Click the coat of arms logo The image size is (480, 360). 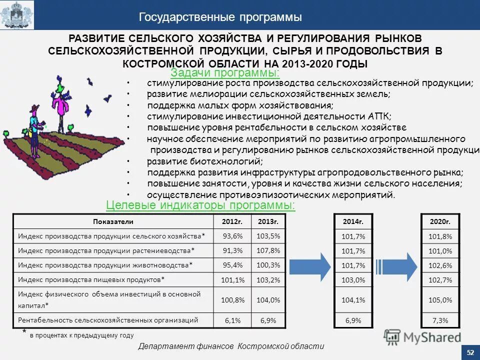coord(17,15)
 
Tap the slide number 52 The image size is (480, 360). coord(470,352)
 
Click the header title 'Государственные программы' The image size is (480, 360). coord(220,17)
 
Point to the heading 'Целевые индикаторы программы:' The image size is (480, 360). coord(200,205)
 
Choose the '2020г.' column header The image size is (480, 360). coord(440,221)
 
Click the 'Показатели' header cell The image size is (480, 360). coord(113,221)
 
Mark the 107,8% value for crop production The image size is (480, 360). coord(268,250)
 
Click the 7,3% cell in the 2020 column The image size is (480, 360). coord(440,320)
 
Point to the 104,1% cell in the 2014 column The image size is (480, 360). coord(353,300)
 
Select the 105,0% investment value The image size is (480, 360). coord(440,300)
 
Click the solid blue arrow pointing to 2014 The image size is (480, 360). coord(310,265)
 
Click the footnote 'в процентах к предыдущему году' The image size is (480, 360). coord(81,335)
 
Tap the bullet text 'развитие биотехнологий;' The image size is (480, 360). coord(204,161)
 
